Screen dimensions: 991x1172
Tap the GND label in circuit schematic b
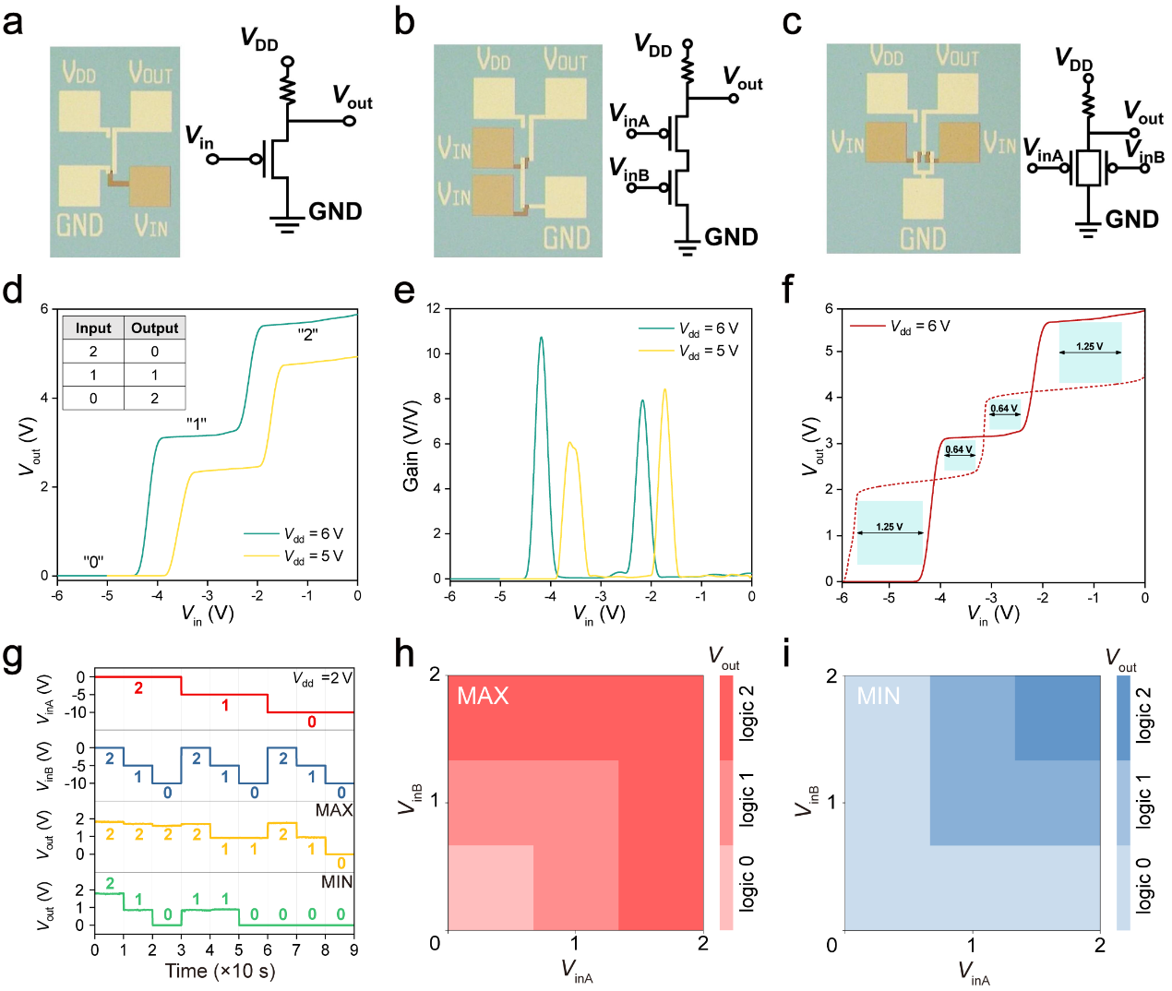pyautogui.click(x=731, y=237)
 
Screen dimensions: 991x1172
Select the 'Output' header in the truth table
pyautogui.click(x=154, y=328)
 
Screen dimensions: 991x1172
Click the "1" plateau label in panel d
pyautogui.click(x=196, y=424)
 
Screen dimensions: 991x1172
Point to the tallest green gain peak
pyautogui.click(x=542, y=339)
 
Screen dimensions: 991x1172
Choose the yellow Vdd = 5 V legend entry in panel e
pyautogui.click(x=688, y=351)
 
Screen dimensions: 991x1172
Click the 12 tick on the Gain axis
pyautogui.click(x=434, y=308)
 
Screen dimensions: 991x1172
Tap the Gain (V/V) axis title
pyautogui.click(x=412, y=445)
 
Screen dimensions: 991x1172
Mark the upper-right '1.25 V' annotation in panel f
pyautogui.click(x=1089, y=347)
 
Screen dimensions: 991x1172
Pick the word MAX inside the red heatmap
pyautogui.click(x=483, y=696)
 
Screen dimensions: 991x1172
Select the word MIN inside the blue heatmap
pyautogui.click(x=878, y=696)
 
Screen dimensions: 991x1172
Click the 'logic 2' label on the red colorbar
pyautogui.click(x=747, y=712)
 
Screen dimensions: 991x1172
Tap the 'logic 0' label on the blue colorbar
pyautogui.click(x=1143, y=885)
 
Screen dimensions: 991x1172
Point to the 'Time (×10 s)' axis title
pyautogui.click(x=220, y=971)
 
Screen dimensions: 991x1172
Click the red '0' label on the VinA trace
pyautogui.click(x=312, y=722)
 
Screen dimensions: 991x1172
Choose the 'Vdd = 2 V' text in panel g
pyautogui.click(x=322, y=679)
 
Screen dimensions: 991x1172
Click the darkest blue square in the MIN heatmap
pyautogui.click(x=1058, y=718)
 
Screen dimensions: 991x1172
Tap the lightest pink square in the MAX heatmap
pyautogui.click(x=491, y=887)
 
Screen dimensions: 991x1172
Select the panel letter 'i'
pyautogui.click(x=786, y=655)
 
